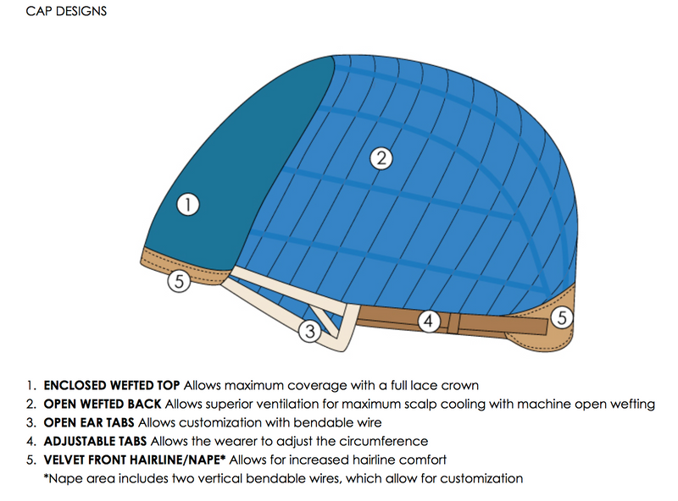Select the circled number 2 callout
pyautogui.click(x=381, y=157)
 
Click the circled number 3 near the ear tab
pyautogui.click(x=311, y=333)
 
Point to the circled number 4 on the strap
pyautogui.click(x=430, y=321)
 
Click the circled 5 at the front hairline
pyautogui.click(x=179, y=283)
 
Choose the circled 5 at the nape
pyautogui.click(x=561, y=317)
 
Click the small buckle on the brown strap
pyautogui.click(x=454, y=322)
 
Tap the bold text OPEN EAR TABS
pyautogui.click(x=89, y=422)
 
